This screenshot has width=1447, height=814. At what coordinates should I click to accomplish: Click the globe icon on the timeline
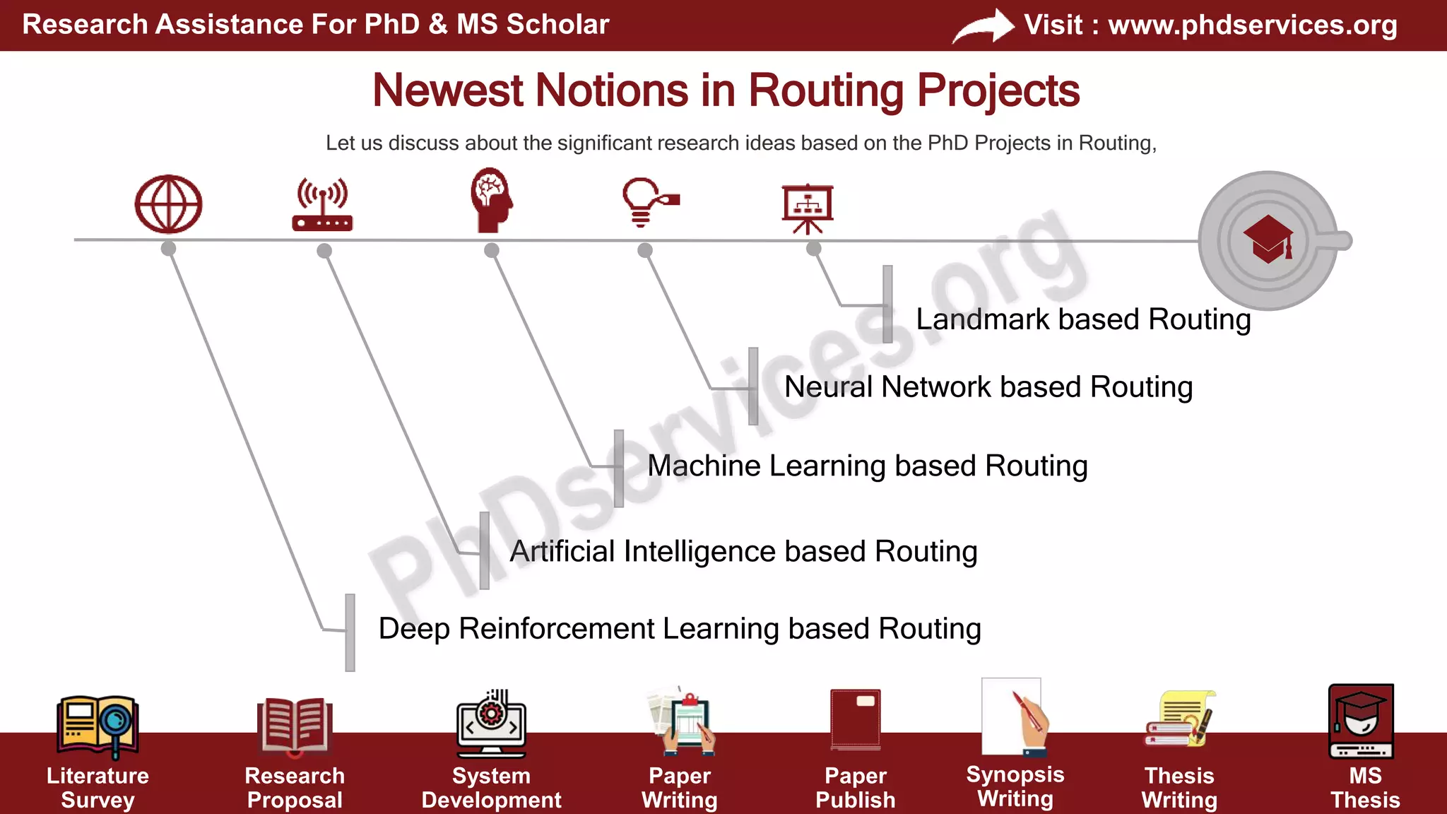click(x=168, y=204)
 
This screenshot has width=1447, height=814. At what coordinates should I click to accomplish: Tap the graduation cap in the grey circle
click(x=1268, y=239)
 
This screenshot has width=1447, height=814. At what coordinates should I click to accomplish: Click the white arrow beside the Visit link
click(x=983, y=27)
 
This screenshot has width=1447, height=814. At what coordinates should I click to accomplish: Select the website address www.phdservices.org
click(x=1252, y=25)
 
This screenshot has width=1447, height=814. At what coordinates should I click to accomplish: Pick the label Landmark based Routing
click(x=1083, y=319)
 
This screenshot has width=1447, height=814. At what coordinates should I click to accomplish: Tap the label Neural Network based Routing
click(x=988, y=387)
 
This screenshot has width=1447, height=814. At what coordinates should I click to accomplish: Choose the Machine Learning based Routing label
click(x=867, y=466)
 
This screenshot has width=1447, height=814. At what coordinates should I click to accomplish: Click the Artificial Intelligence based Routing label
click(x=743, y=551)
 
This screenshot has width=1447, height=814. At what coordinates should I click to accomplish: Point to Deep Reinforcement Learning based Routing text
click(x=680, y=629)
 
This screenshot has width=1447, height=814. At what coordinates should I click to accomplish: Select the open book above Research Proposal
click(x=295, y=724)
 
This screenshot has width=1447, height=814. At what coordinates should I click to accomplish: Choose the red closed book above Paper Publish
click(x=856, y=719)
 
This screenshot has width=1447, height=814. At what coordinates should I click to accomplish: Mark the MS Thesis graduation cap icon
click(x=1361, y=721)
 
